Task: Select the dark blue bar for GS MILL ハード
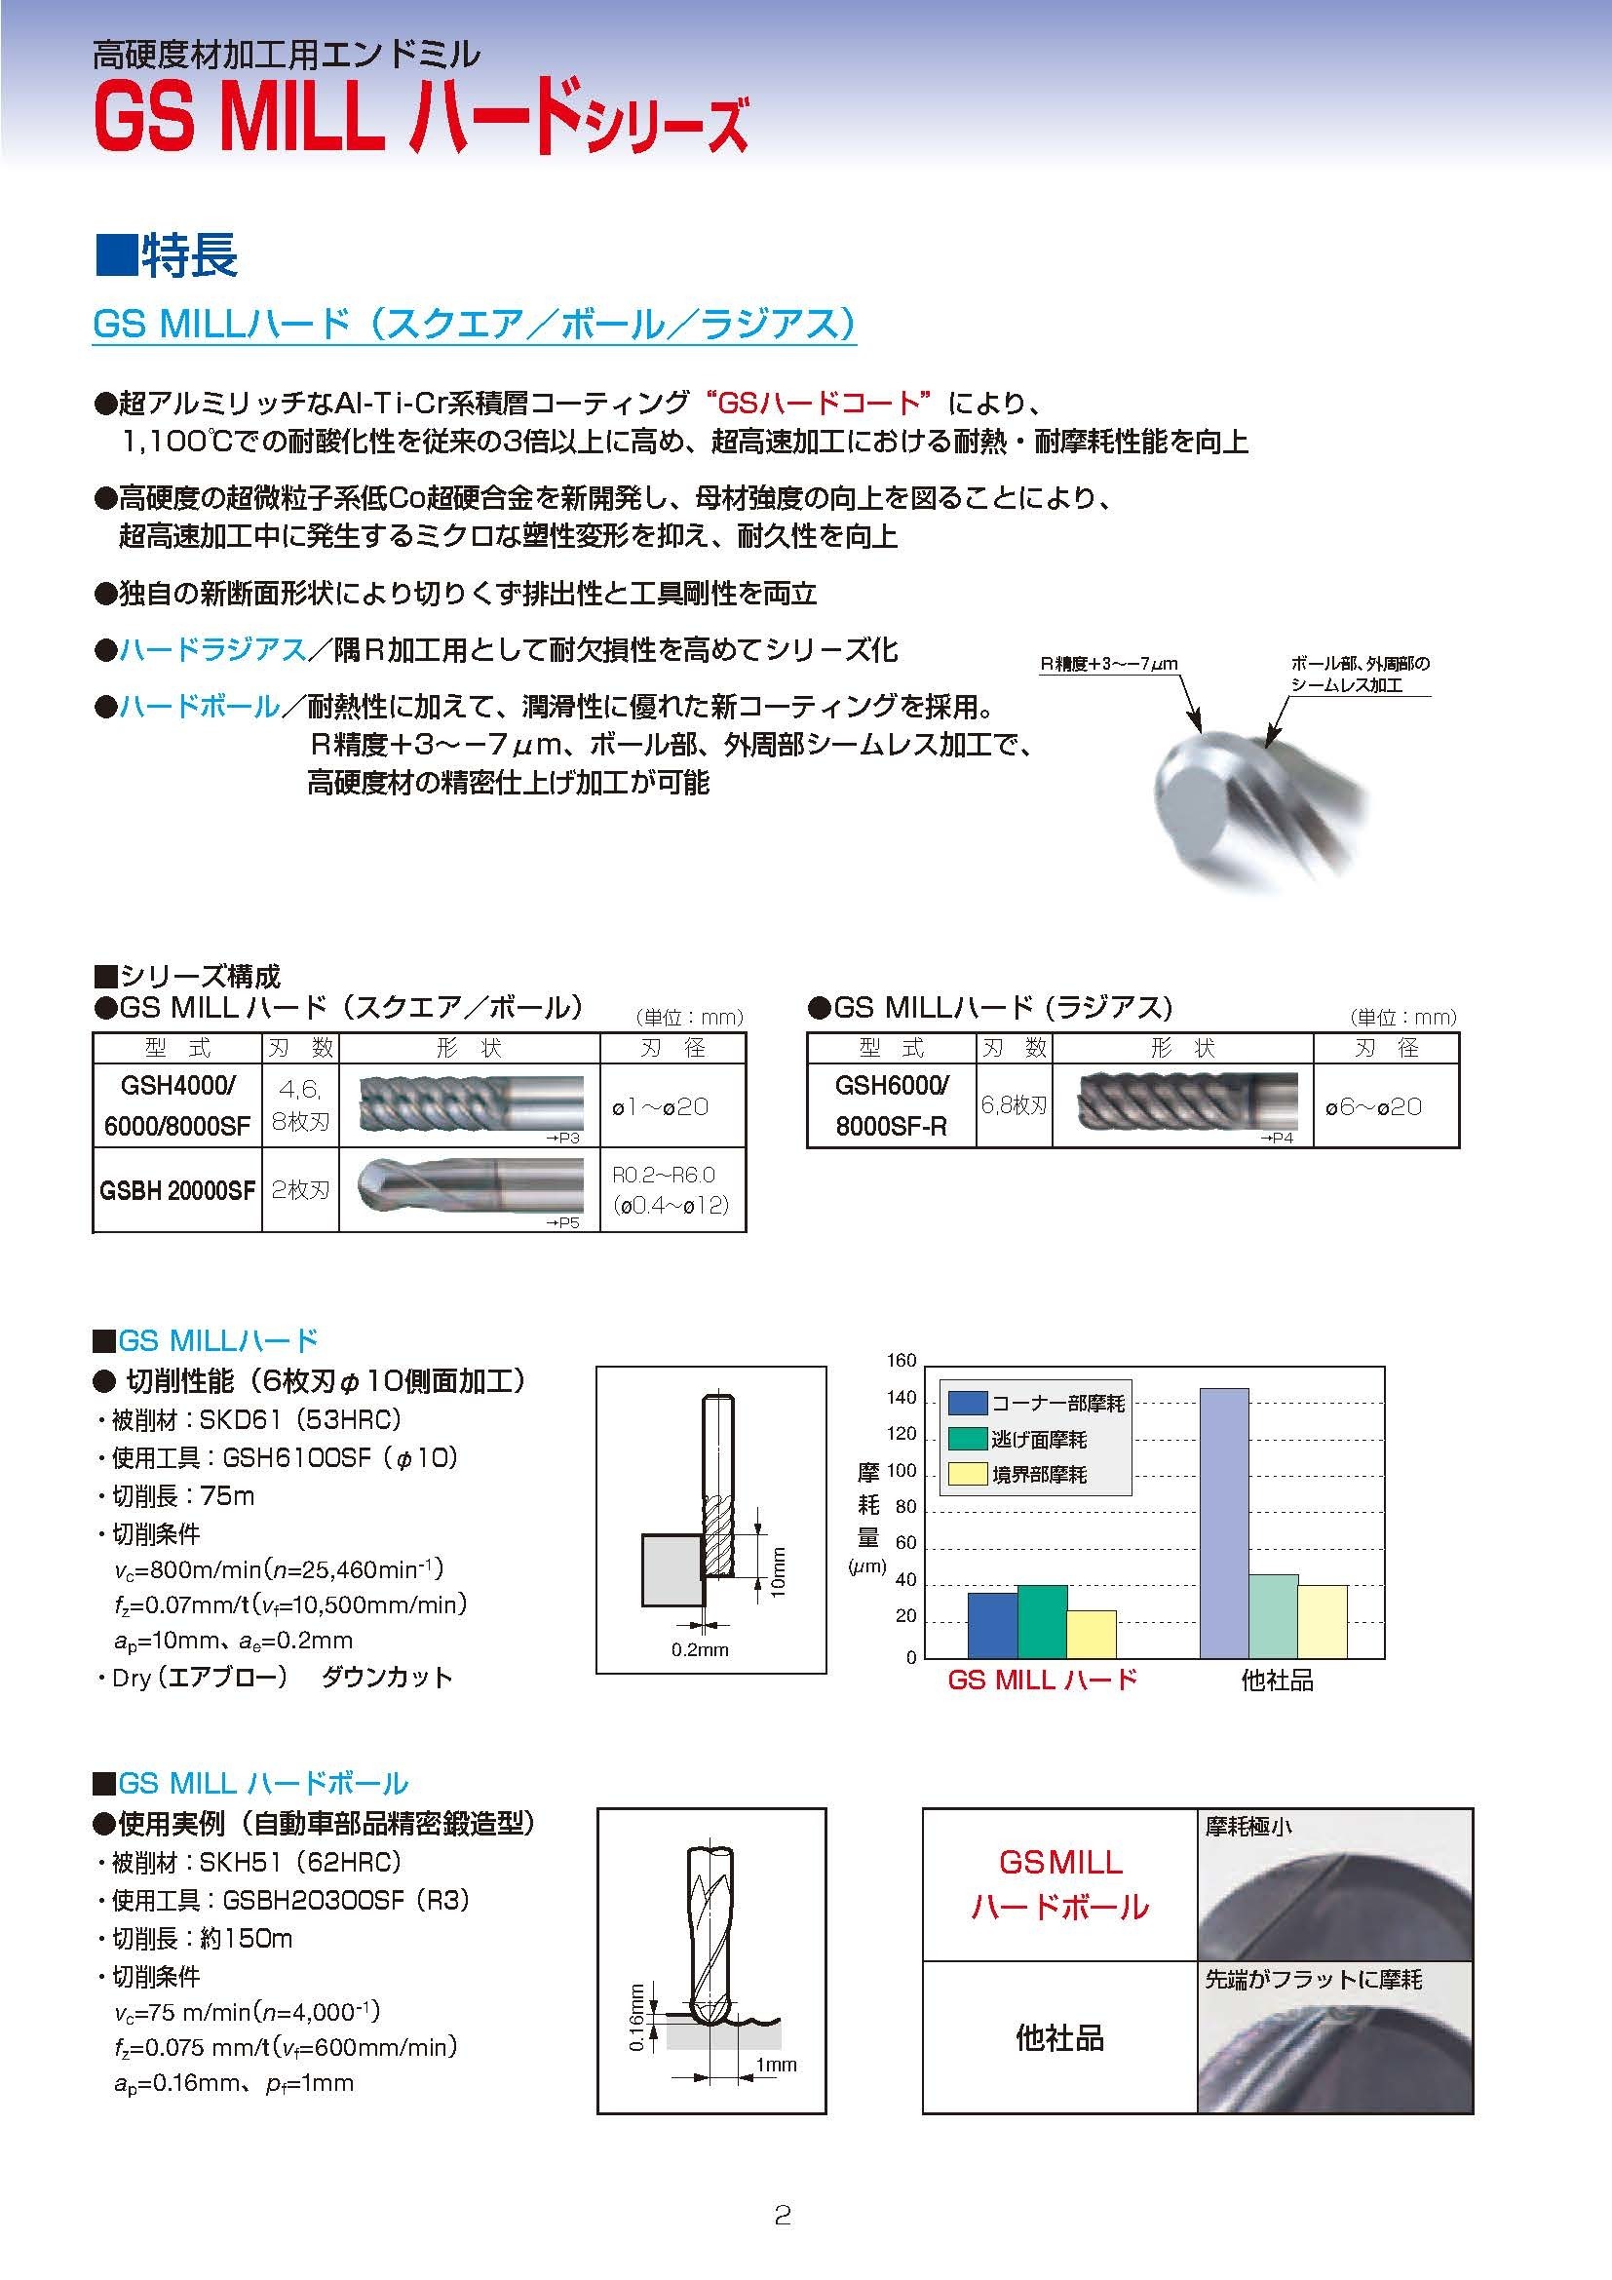point(991,1625)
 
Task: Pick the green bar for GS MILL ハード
point(1041,1621)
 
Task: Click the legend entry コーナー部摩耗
point(1036,1402)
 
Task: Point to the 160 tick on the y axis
point(901,1361)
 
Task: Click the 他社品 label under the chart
point(1277,1681)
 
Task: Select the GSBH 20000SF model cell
point(176,1189)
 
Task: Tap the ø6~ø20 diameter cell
point(1373,1106)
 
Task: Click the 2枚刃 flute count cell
point(300,1189)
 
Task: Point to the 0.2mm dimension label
point(700,1649)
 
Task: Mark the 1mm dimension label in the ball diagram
point(775,2065)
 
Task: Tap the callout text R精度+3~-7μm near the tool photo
point(1108,666)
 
